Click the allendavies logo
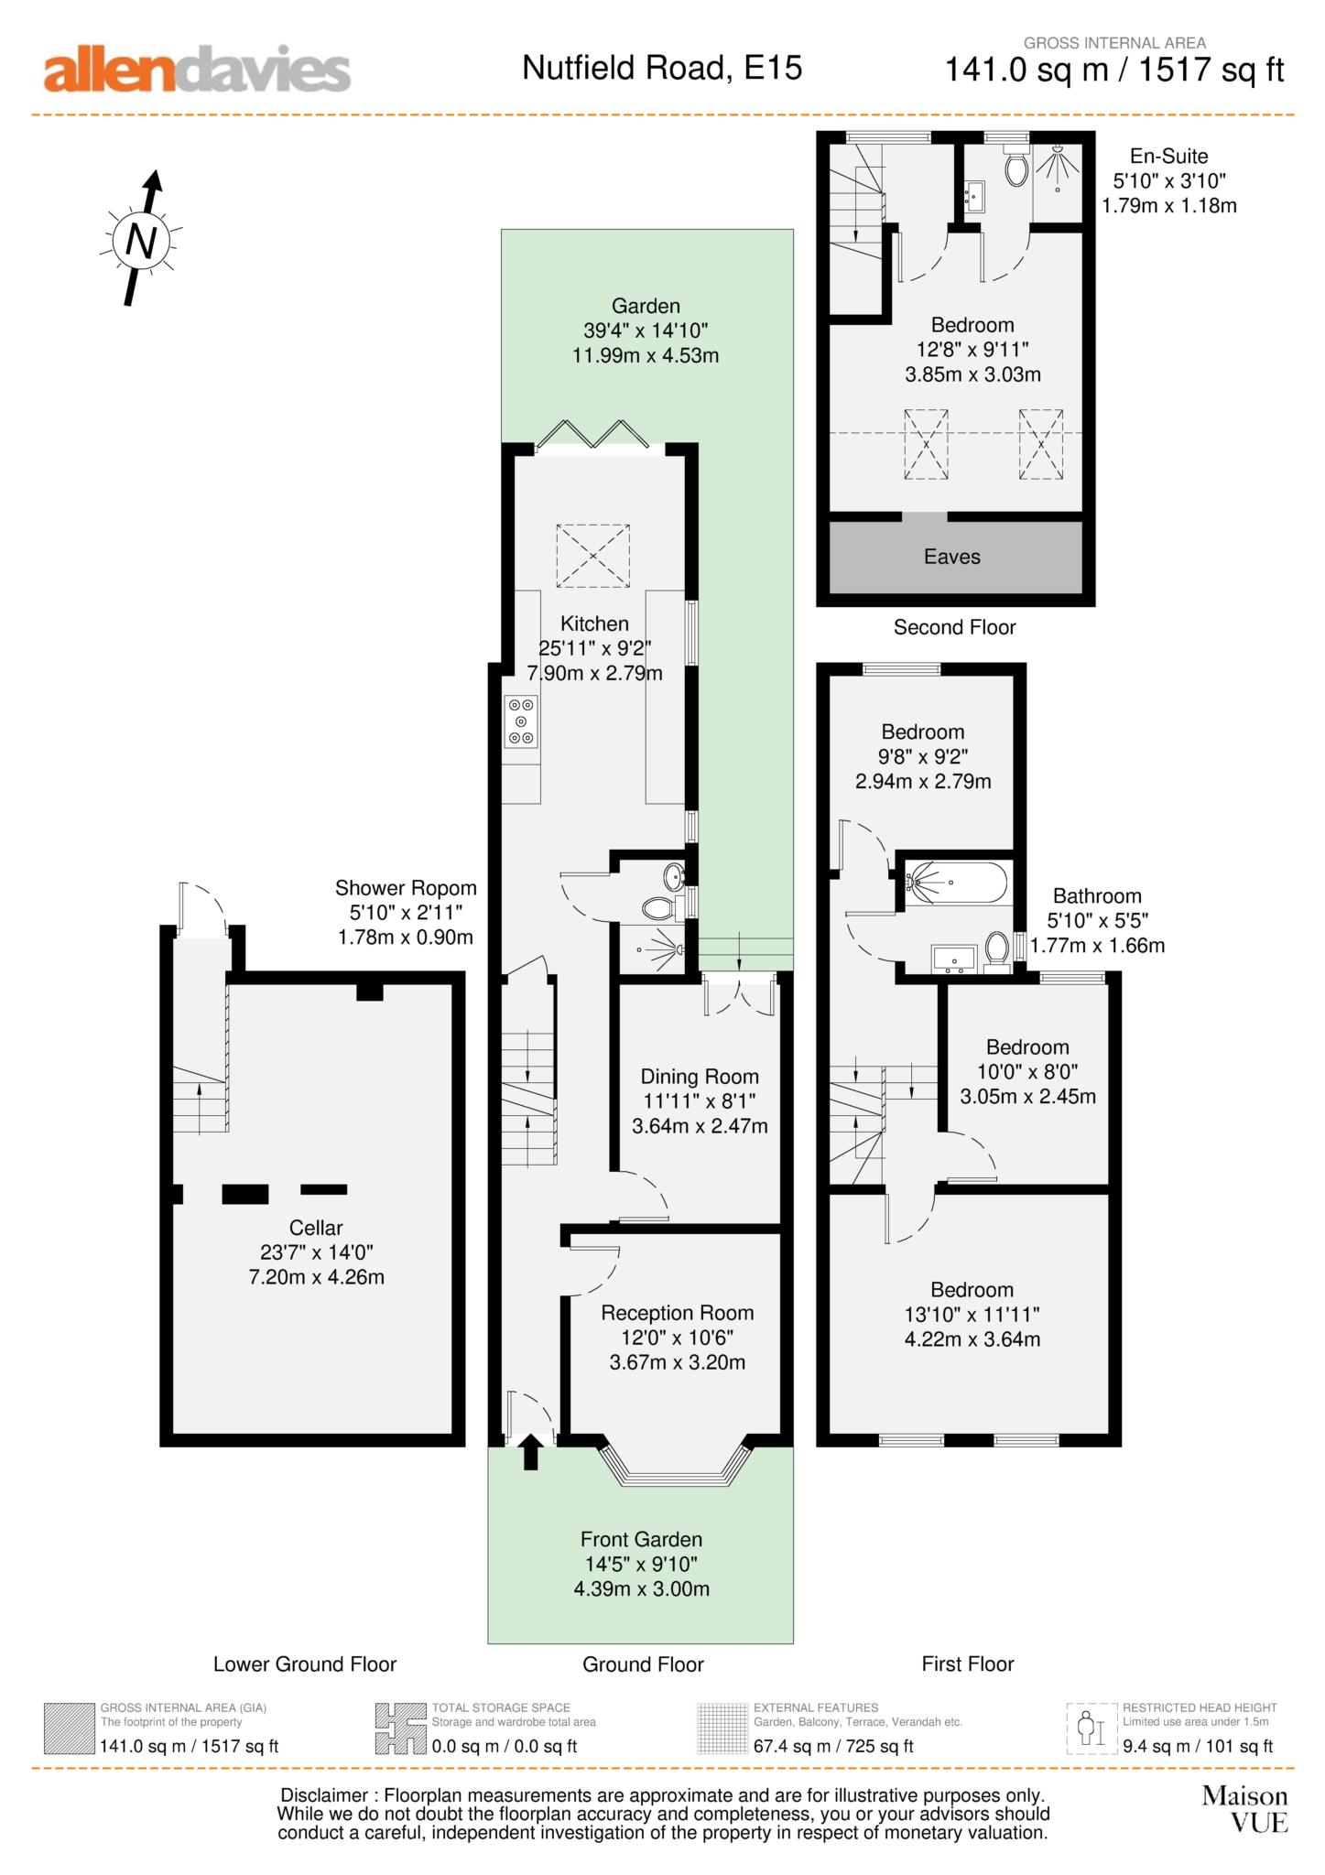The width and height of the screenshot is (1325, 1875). coord(197,70)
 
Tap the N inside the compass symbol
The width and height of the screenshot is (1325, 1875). coord(140,241)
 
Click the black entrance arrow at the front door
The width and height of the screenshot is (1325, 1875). coord(530,1452)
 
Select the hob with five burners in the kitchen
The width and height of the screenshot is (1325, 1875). coord(521,722)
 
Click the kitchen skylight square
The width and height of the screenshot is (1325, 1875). coord(592,556)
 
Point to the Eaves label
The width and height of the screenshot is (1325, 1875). coord(951,557)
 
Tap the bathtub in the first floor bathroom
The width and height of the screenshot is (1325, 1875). coord(957,883)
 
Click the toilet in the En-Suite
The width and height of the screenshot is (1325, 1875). coord(1015,168)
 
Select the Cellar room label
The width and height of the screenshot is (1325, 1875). coord(316,1228)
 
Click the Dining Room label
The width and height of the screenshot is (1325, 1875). coord(700,1077)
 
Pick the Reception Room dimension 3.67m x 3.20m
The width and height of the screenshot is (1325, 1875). coord(678,1362)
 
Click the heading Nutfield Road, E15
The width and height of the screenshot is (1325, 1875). coord(662,68)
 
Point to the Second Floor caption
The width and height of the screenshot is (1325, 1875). coord(954,627)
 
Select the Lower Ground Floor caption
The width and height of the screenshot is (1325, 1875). coord(305,1664)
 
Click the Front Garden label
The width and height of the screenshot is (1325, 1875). coord(641,1540)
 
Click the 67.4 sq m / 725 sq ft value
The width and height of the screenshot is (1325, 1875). coord(833,1746)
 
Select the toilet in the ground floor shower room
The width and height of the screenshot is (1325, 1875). coord(658,908)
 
